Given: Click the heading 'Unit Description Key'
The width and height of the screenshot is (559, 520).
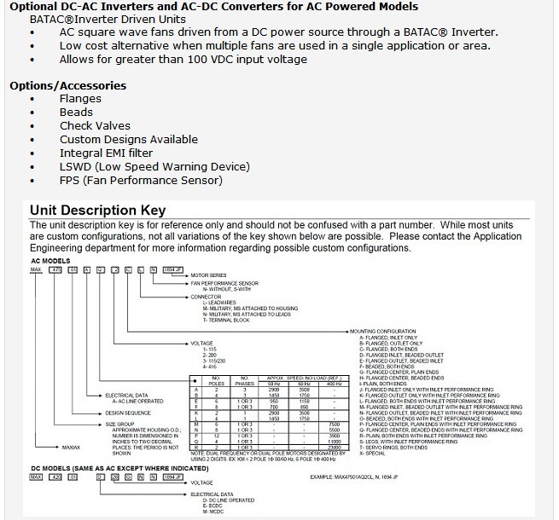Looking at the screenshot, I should point(97,211).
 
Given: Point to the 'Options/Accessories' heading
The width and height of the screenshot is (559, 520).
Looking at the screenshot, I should point(67,85).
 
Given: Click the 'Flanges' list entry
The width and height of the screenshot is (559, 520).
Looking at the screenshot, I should point(80,98).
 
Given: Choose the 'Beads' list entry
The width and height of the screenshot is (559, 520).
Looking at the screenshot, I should point(76,112).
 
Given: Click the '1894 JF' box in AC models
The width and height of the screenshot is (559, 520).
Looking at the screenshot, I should point(173,269).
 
